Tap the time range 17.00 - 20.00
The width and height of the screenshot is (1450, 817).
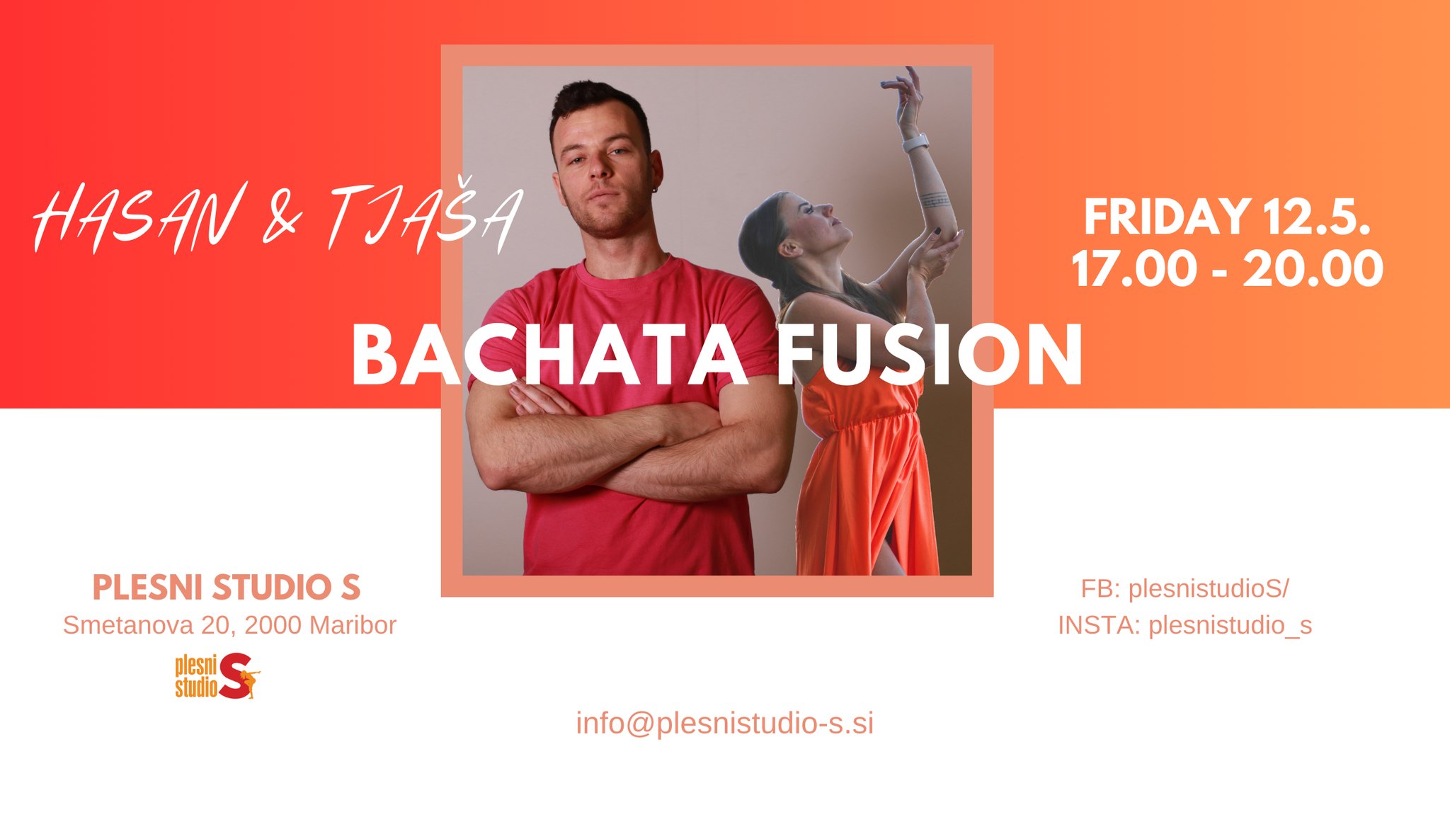(x=1227, y=269)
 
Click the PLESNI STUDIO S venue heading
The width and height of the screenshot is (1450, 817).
(x=227, y=588)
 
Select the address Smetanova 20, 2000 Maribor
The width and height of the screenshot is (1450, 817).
(x=229, y=625)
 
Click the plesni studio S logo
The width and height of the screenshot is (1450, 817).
(x=217, y=676)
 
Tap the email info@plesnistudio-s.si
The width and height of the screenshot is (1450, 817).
(x=724, y=724)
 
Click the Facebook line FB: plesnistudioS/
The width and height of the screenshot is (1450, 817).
(x=1184, y=588)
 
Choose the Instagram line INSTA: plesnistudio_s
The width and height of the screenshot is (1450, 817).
(x=1184, y=625)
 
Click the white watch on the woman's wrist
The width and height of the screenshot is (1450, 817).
(x=915, y=142)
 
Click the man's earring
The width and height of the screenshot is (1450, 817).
(x=656, y=188)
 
